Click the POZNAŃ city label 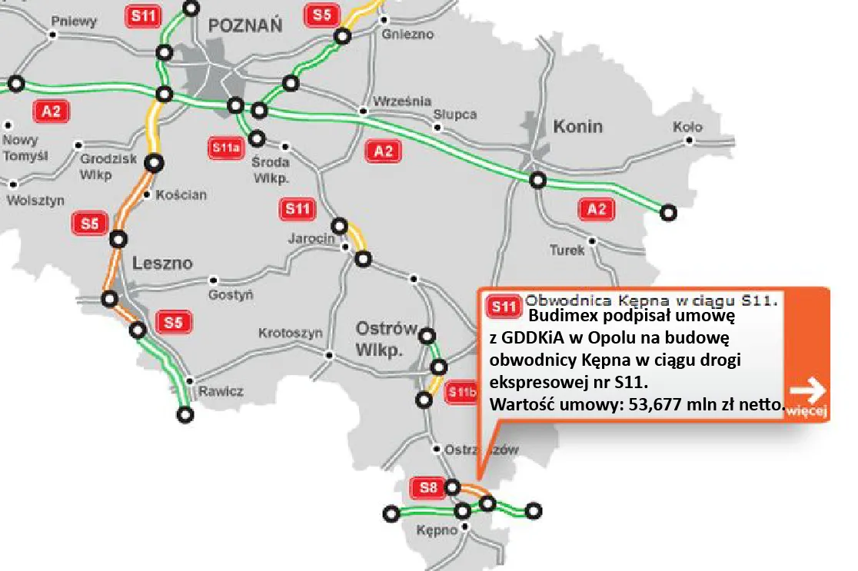245,25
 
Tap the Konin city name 577,126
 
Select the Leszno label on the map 162,263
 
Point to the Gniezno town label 407,35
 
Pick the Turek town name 567,250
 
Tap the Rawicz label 221,391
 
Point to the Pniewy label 78,21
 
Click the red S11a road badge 226,148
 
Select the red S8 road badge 427,487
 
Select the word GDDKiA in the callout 538,337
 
